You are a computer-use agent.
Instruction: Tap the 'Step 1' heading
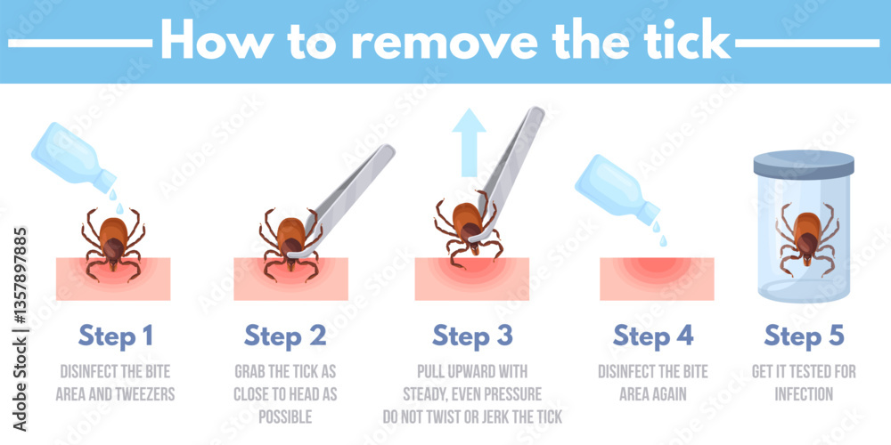point(115,336)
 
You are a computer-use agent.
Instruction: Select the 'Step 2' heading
point(285,336)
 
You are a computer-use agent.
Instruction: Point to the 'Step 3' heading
point(472,336)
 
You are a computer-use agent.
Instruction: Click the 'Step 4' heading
point(652,336)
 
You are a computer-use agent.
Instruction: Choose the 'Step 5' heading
point(805,336)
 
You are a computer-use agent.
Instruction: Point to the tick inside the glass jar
point(806,234)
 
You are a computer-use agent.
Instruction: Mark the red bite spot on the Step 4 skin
point(656,272)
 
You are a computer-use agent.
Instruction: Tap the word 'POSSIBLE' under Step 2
point(285,415)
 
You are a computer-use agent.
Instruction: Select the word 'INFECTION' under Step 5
point(805,392)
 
